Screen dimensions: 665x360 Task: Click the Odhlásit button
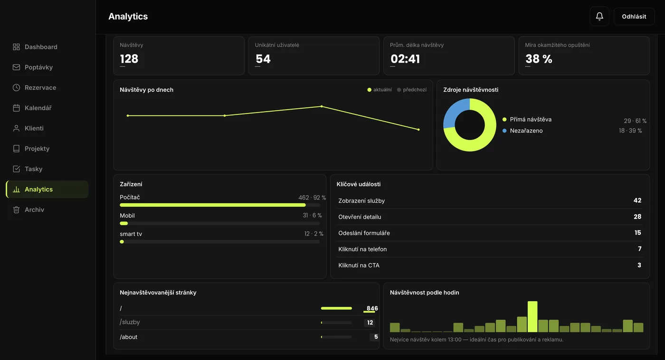[634, 16]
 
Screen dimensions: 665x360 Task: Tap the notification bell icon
[599, 16]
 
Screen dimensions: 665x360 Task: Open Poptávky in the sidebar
[38, 67]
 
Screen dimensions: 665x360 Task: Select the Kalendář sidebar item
[38, 108]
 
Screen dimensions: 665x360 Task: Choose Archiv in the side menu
[34, 210]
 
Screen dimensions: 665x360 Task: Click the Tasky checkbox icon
[16, 169]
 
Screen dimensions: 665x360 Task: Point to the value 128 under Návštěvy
[129, 59]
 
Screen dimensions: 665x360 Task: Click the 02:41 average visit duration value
[405, 59]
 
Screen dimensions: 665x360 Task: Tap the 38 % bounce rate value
[539, 59]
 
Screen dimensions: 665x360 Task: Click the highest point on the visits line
[322, 106]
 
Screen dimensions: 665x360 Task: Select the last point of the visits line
[418, 129]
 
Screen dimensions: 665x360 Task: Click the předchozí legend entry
[412, 90]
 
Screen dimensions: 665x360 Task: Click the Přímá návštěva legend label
[531, 119]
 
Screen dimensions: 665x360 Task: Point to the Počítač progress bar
[213, 205]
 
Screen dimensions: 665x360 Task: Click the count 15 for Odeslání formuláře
[637, 233]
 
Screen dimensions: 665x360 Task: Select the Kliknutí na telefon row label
[362, 249]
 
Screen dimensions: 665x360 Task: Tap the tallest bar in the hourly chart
[532, 317]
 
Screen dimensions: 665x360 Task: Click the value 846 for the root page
[372, 308]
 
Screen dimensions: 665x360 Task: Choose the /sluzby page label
[130, 322]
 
